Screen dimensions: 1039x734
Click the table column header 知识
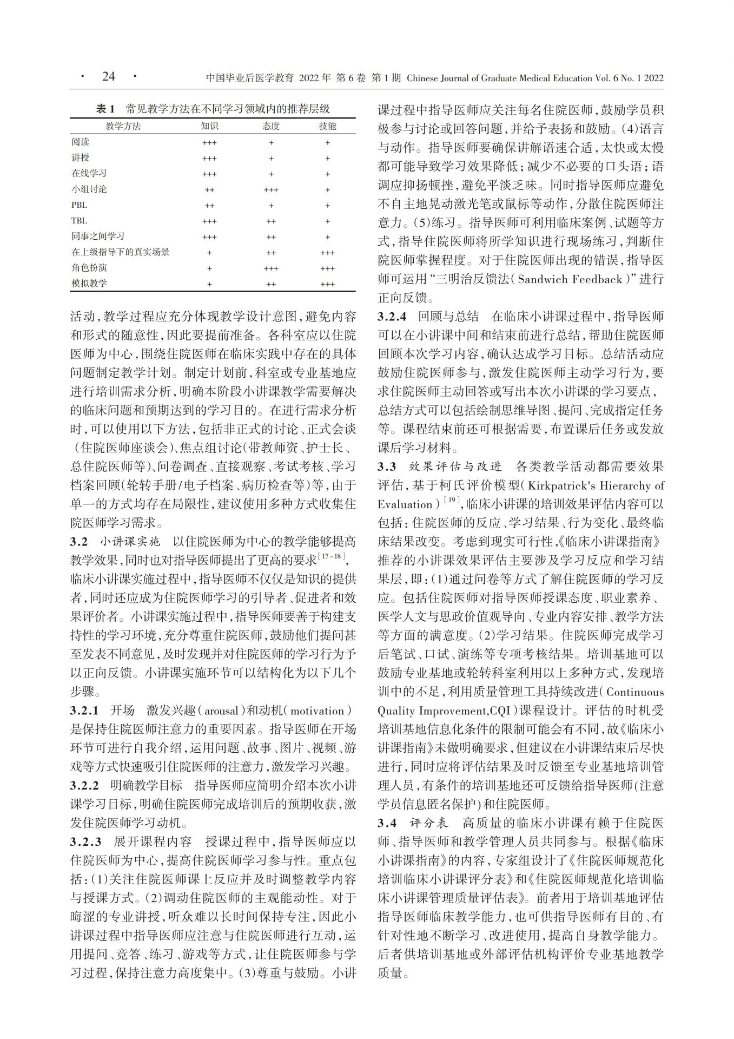point(209,126)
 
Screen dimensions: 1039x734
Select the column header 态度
point(271,126)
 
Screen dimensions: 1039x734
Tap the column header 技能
point(327,126)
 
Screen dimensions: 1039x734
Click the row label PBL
point(79,205)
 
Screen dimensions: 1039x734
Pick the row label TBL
point(79,221)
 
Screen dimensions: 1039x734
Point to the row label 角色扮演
point(89,268)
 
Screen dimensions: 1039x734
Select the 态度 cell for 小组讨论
point(271,190)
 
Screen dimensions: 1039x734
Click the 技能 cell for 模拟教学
point(327,284)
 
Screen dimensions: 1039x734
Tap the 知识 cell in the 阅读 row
point(209,143)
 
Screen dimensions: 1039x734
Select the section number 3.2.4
point(392,317)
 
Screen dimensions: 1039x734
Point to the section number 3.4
point(387,823)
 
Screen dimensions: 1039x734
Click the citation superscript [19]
point(451,501)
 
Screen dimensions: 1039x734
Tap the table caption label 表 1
point(105,109)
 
